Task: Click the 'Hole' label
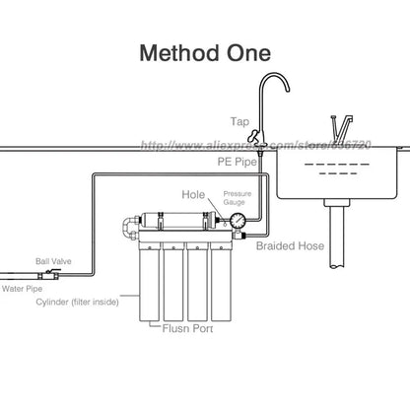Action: [x=194, y=195]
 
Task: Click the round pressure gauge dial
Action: [x=237, y=218]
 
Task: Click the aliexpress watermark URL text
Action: [x=266, y=146]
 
